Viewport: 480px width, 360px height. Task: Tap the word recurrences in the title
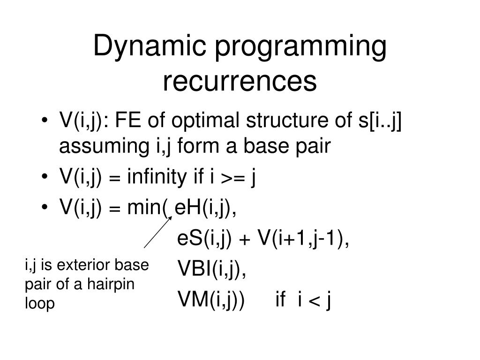point(240,82)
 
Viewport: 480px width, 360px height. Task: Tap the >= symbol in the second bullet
point(232,178)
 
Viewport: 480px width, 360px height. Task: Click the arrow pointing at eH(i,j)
point(157,232)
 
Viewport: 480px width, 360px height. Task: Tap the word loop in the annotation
point(39,304)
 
